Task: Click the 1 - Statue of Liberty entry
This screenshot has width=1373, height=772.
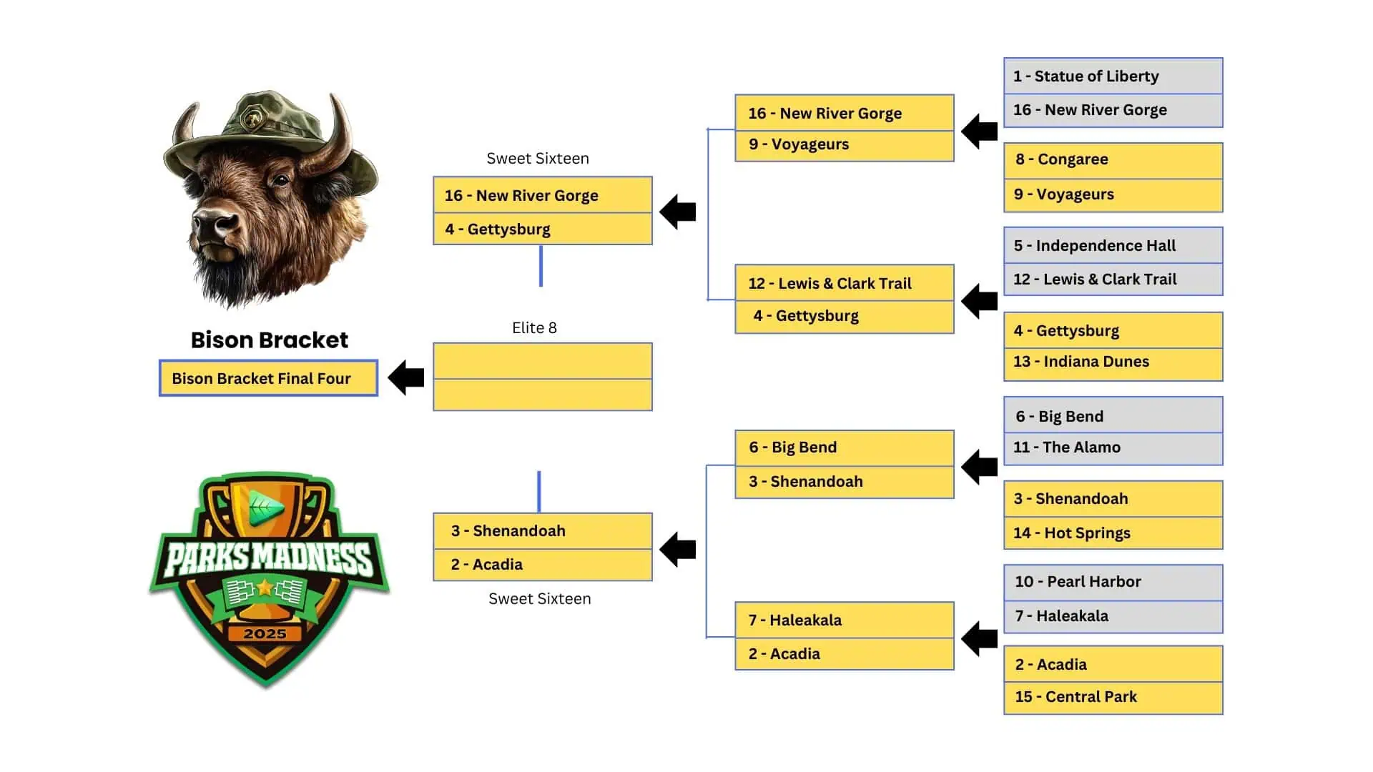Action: coord(1112,76)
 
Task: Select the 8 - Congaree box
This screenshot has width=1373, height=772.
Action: coord(1112,159)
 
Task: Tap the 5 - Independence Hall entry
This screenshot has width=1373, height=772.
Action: coord(1112,246)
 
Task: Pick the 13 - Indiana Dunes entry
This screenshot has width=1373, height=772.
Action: coord(1112,362)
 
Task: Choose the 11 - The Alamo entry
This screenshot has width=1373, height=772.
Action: coord(1112,448)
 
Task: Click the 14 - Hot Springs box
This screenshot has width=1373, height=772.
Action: coord(1112,533)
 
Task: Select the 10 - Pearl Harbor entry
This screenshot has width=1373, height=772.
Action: coord(1112,582)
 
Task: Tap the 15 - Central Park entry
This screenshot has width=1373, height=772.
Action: coord(1112,697)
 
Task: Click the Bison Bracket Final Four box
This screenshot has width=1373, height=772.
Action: coord(268,378)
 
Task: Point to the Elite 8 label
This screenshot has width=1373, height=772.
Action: coord(534,328)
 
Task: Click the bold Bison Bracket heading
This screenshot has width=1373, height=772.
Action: coord(269,340)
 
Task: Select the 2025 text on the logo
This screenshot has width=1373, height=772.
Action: coord(265,634)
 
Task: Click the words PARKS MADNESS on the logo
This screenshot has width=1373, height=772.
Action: coord(269,559)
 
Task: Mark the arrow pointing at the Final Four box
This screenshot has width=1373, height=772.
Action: coord(406,377)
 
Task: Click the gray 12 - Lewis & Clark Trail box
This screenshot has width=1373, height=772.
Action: coord(1112,279)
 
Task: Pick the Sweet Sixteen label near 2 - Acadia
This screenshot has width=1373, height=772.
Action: coord(539,599)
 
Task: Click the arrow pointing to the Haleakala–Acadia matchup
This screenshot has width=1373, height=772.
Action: coord(979,638)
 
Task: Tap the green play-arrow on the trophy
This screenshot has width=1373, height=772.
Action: coord(265,507)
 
